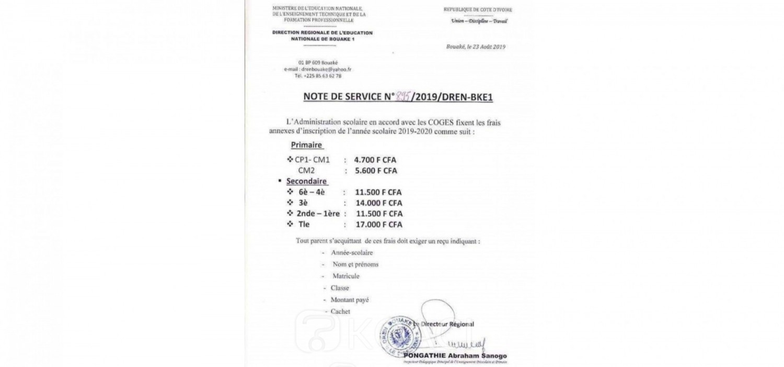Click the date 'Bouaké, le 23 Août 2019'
pyautogui.click(x=476, y=47)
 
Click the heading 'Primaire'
pyautogui.click(x=306, y=145)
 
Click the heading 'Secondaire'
pyautogui.click(x=306, y=181)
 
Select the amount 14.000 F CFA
pyautogui.click(x=378, y=203)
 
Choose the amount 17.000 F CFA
pyautogui.click(x=378, y=225)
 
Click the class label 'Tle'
pyautogui.click(x=304, y=225)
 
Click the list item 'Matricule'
pyautogui.click(x=346, y=276)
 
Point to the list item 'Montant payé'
pyautogui.click(x=350, y=300)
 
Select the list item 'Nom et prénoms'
pyautogui.click(x=355, y=264)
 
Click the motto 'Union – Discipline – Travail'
pyautogui.click(x=479, y=21)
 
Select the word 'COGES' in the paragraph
pyautogui.click(x=426, y=123)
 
